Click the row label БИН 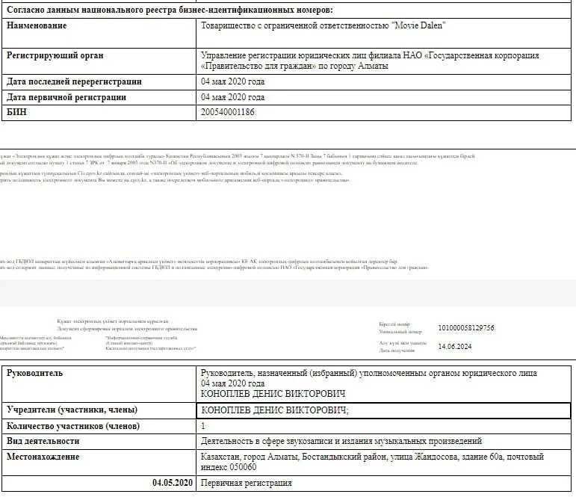coord(17,112)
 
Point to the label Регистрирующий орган coord(55,55)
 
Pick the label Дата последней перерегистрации coord(74,82)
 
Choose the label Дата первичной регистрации coord(66,97)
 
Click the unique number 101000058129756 coord(466,327)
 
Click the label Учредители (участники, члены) coord(72,410)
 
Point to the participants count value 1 coord(204,426)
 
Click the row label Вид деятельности coord(43,441)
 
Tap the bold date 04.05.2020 coord(173,483)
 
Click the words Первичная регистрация coord(246,483)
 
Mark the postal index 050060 coord(240,467)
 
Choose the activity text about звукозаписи coord(341,441)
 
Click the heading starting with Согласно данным coord(170,9)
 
